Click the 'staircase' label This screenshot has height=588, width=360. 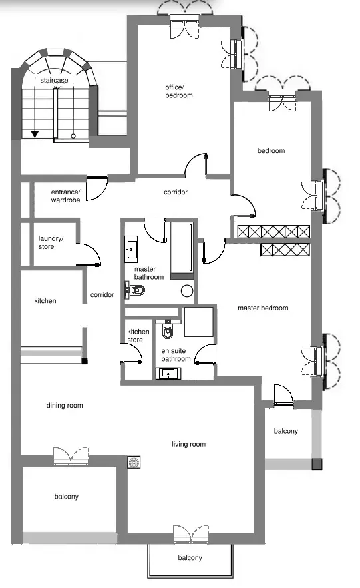55,81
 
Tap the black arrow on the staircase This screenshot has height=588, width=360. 35,133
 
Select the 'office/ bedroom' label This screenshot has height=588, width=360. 179,91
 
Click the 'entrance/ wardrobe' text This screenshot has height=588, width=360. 66,196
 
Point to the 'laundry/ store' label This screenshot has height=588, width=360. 51,242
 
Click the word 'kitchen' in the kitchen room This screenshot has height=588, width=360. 45,301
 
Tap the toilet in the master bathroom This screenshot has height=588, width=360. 136,290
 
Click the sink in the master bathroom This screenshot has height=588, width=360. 131,249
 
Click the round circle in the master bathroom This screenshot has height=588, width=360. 187,290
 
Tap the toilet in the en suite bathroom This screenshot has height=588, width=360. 168,330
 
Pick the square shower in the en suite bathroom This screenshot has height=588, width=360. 198,322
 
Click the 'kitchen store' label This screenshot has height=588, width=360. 138,336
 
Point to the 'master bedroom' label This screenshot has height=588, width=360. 263,308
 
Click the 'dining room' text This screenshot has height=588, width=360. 65,405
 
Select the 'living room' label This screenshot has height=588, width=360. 188,444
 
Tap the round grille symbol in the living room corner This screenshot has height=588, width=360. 134,463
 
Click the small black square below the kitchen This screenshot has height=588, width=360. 85,361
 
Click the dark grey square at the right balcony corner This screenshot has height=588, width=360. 317,464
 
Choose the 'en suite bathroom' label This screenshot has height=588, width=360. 176,355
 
